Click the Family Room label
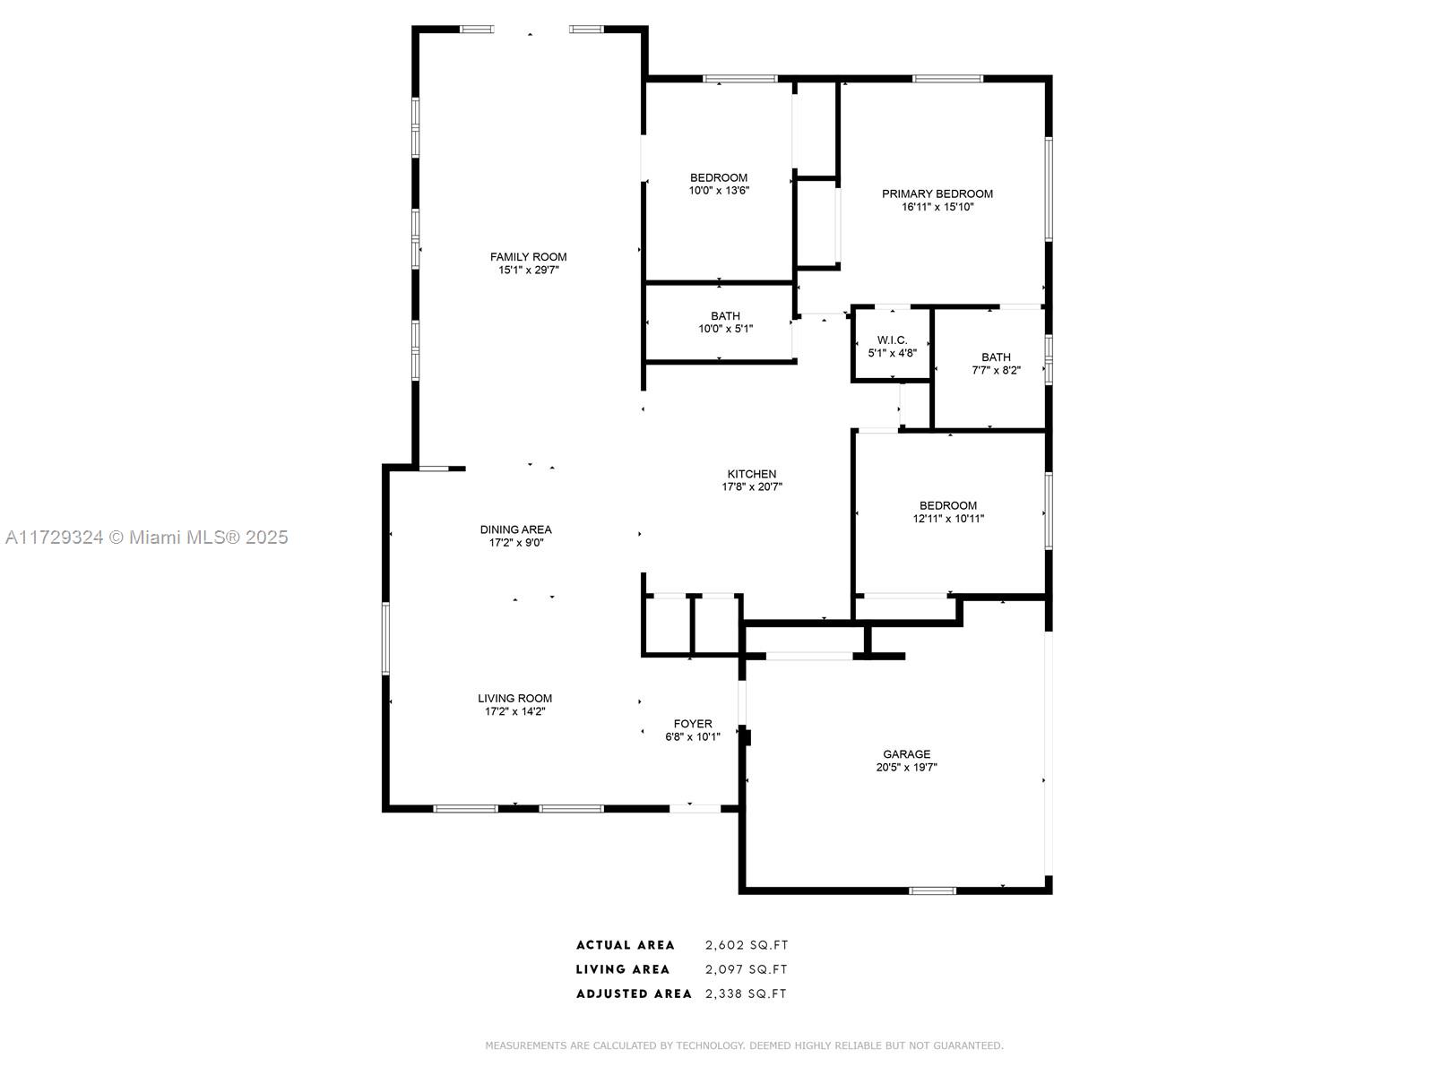(x=528, y=257)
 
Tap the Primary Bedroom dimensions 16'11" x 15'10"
(x=937, y=207)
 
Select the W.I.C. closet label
(x=892, y=340)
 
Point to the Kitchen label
(x=751, y=474)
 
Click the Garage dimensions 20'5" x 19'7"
(x=906, y=767)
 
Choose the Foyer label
(x=693, y=724)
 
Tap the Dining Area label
(x=515, y=529)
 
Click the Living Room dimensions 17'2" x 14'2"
(x=514, y=711)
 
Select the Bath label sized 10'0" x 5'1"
(x=725, y=316)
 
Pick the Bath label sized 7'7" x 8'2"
(x=996, y=357)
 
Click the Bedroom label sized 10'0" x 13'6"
(x=719, y=177)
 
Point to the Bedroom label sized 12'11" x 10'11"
(x=948, y=505)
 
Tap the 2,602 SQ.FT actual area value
(x=747, y=944)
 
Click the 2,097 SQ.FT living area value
(x=747, y=969)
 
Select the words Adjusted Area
(x=634, y=993)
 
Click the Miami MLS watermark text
(x=146, y=537)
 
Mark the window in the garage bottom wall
(x=932, y=890)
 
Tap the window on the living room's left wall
(x=386, y=639)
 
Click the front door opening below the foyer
(x=695, y=809)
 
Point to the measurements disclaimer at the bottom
(x=744, y=1045)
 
